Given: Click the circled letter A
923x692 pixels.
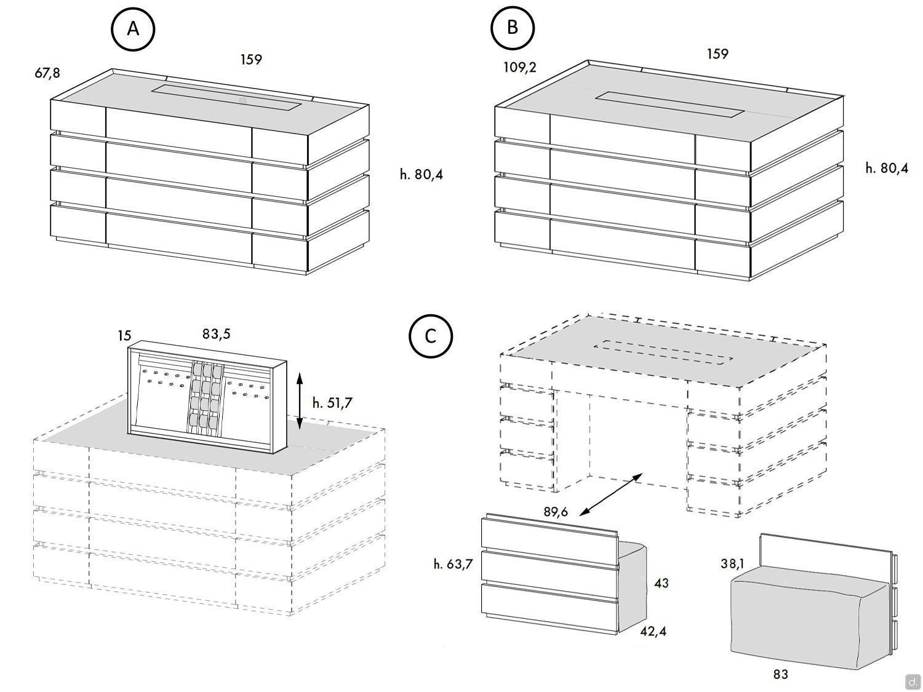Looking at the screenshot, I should pyautogui.click(x=132, y=28).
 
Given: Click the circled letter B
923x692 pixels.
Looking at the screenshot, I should pyautogui.click(x=512, y=28).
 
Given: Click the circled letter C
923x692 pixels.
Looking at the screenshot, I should pyautogui.click(x=431, y=336).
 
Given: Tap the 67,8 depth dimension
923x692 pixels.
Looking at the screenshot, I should pyautogui.click(x=47, y=73).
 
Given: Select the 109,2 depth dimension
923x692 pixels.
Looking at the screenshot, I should pyautogui.click(x=519, y=67).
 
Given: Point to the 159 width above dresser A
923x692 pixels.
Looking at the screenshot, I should pyautogui.click(x=251, y=60).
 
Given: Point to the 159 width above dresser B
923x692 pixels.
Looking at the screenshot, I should pyautogui.click(x=717, y=54).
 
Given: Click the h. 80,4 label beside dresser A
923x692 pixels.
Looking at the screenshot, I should pyautogui.click(x=421, y=175).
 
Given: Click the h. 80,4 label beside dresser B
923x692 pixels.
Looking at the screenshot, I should pyautogui.click(x=886, y=168).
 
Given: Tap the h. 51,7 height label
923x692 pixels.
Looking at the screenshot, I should pyautogui.click(x=332, y=403).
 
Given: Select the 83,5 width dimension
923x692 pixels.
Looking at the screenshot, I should pyautogui.click(x=217, y=334).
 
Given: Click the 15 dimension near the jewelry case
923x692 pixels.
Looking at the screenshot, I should pyautogui.click(x=124, y=335).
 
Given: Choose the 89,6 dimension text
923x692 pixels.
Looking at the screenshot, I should pyautogui.click(x=556, y=512).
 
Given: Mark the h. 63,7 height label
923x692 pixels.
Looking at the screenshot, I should pyautogui.click(x=453, y=563).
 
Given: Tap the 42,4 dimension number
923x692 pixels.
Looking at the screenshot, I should pyautogui.click(x=653, y=631).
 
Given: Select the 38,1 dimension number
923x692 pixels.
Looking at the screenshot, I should pyautogui.click(x=732, y=563).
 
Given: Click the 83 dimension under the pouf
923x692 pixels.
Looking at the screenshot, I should pyautogui.click(x=780, y=674).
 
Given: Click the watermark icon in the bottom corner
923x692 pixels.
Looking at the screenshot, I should pyautogui.click(x=912, y=682).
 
